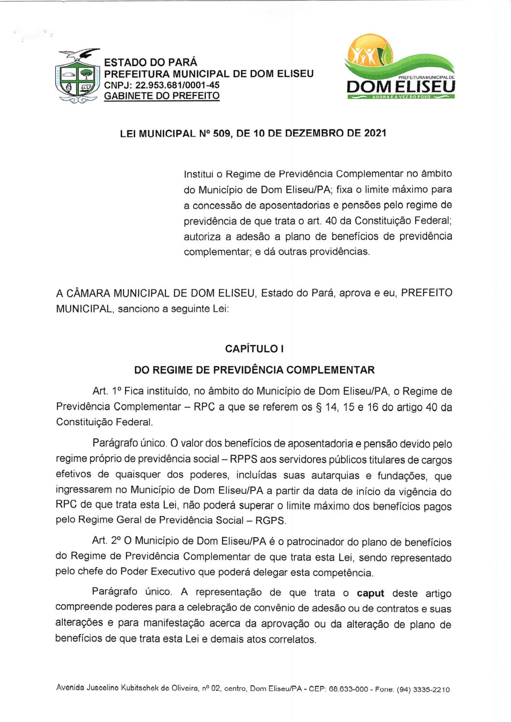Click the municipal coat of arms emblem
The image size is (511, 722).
pyautogui.click(x=78, y=76)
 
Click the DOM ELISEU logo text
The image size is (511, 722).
pyautogui.click(x=400, y=87)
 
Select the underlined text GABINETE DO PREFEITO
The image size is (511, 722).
pyautogui.click(x=162, y=95)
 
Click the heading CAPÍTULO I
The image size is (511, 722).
pyautogui.click(x=255, y=349)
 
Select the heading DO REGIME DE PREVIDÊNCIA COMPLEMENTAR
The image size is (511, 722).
pyautogui.click(x=255, y=370)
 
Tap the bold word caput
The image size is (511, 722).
pyautogui.click(x=370, y=593)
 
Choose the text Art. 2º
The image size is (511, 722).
pyautogui.click(x=106, y=541)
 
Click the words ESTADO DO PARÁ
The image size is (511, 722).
pyautogui.click(x=151, y=62)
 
